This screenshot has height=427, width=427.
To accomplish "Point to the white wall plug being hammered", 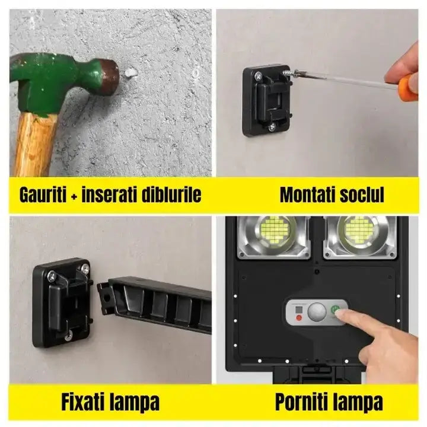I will point(132,74).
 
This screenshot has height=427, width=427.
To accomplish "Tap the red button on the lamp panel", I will point(298,318).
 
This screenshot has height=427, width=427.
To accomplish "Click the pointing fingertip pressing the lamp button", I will point(345,316).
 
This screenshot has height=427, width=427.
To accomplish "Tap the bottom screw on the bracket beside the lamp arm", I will point(68,335).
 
